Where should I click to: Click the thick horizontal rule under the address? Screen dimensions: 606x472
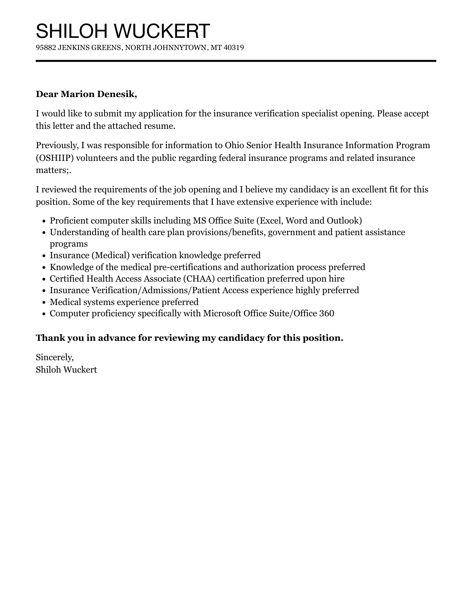coord(236,61)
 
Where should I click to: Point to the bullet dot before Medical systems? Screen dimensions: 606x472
coord(44,302)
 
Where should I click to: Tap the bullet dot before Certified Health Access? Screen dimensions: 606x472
coord(44,279)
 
